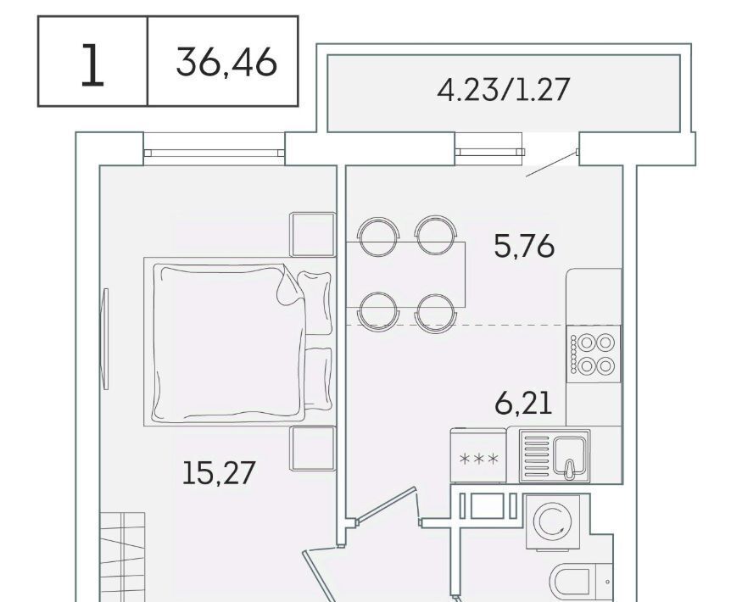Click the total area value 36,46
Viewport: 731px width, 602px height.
coord(226,63)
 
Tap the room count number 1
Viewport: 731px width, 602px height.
coord(92,65)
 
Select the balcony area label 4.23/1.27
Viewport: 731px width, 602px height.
coord(504,90)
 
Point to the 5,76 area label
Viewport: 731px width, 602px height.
coord(524,246)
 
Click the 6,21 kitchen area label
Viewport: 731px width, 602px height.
coord(523,404)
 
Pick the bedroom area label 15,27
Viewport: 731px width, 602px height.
coord(219,472)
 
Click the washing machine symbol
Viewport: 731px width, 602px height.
coord(554,521)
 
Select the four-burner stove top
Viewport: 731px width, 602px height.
coord(594,354)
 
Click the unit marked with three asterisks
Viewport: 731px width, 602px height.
coord(478,455)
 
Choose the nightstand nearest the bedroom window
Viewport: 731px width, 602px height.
coord(313,234)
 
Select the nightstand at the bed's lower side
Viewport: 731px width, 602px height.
coord(313,449)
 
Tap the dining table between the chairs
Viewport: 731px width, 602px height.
coord(406,275)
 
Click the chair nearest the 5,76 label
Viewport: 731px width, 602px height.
coord(436,236)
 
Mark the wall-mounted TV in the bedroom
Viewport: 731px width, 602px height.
coord(105,339)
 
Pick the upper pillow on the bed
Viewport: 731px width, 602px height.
coord(315,303)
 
